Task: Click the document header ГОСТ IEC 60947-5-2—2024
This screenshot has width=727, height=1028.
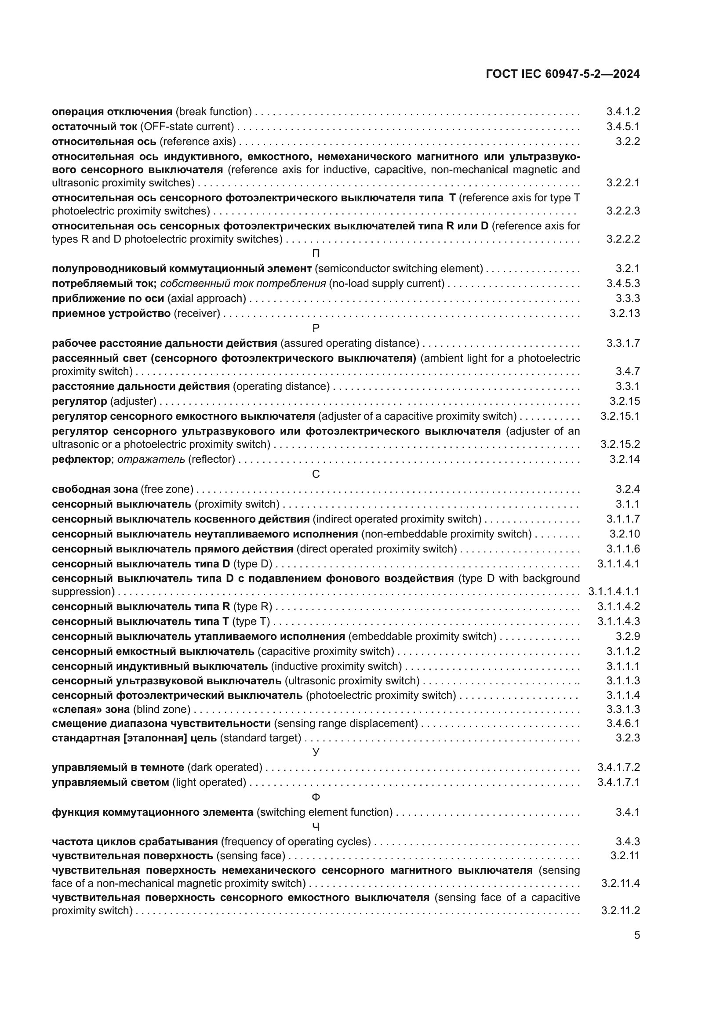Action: (563, 74)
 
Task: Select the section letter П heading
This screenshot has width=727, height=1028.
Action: (316, 254)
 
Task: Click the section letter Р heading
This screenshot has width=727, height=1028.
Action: (316, 328)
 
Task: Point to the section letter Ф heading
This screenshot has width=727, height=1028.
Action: (316, 797)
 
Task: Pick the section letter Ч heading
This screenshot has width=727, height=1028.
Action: (316, 827)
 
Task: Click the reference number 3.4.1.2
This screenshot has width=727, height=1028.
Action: (623, 112)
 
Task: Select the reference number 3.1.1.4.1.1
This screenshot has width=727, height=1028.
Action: (614, 592)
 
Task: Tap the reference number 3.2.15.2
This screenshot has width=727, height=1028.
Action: (620, 444)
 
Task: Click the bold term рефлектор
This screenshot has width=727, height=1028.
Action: (81, 459)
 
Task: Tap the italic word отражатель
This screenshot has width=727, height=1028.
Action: (151, 459)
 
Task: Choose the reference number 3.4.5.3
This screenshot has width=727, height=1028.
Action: (623, 283)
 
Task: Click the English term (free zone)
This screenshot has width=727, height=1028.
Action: (167, 489)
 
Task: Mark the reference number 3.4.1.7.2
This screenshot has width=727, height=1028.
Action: (619, 767)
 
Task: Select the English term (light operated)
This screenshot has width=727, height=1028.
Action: (210, 782)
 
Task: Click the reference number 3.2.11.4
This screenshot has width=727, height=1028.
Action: (621, 883)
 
